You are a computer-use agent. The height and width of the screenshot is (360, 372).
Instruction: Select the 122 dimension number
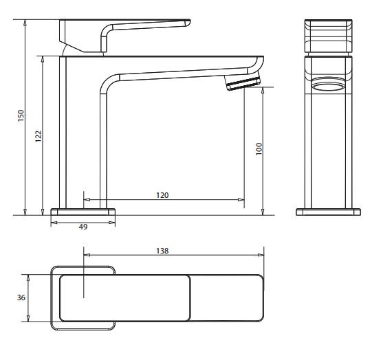(x=39, y=136)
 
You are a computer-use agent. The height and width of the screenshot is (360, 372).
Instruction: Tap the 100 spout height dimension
(x=259, y=149)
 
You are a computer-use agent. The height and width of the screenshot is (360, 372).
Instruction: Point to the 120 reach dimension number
(x=162, y=195)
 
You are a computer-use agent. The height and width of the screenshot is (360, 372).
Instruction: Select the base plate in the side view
(x=83, y=212)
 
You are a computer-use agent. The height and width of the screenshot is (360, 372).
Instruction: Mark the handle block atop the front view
(x=328, y=36)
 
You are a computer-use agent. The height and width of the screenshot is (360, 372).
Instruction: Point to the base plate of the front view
(x=328, y=211)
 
